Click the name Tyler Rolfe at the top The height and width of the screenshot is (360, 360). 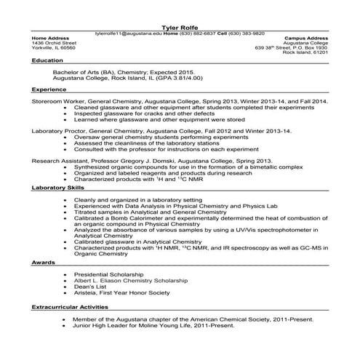click(x=180, y=26)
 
